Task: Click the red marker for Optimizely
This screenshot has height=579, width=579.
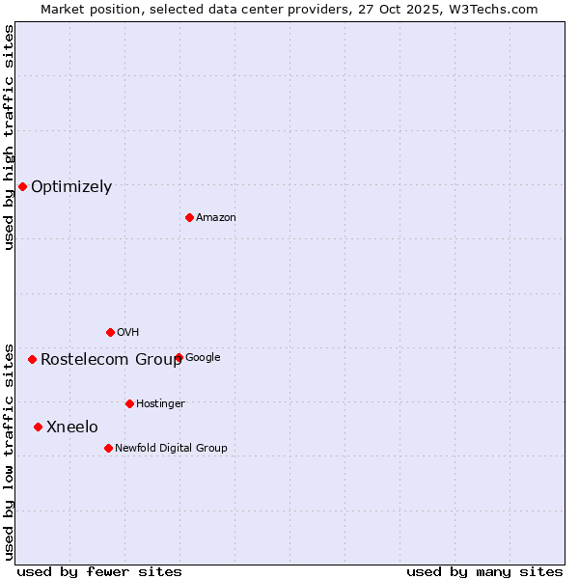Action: (x=22, y=186)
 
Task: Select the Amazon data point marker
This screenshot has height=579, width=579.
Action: (x=189, y=217)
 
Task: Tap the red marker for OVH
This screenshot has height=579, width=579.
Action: (x=110, y=332)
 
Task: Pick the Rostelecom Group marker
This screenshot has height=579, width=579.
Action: (x=32, y=359)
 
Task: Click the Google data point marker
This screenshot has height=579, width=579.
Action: (x=179, y=357)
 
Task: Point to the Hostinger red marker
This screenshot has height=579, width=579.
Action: (x=129, y=403)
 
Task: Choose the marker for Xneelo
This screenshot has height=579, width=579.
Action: (x=38, y=427)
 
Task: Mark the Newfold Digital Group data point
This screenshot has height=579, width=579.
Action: (x=108, y=448)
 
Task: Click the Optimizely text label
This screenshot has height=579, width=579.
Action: (x=71, y=187)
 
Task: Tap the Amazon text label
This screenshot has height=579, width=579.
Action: (x=216, y=218)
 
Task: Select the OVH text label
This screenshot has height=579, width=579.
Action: (x=128, y=333)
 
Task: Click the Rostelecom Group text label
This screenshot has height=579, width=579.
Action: (x=111, y=360)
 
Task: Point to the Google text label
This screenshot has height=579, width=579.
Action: (x=203, y=358)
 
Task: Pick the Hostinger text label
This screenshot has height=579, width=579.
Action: (x=160, y=404)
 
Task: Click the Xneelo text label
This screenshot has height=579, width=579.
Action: (x=72, y=427)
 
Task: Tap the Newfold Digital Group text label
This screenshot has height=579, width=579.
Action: (x=171, y=449)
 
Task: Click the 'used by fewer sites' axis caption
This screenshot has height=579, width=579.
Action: (x=99, y=571)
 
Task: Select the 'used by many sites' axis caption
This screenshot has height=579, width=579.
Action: (x=484, y=571)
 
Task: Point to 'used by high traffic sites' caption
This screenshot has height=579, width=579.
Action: (x=9, y=137)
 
